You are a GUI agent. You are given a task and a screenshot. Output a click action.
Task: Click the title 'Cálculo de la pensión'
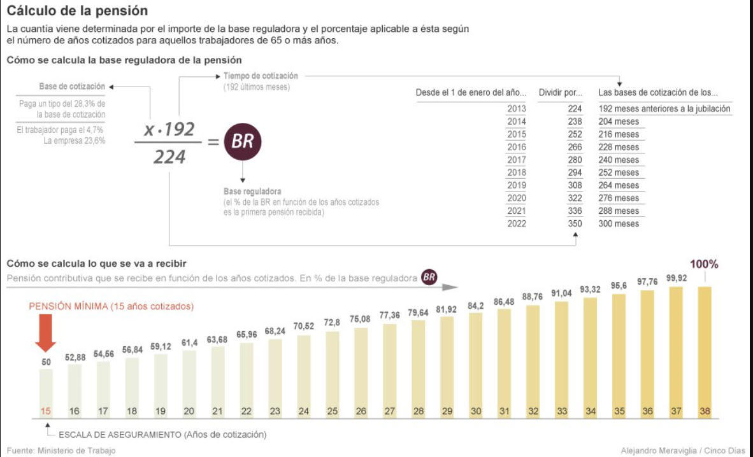pos(77,11)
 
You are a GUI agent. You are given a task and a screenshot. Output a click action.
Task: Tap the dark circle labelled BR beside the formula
pos(242,141)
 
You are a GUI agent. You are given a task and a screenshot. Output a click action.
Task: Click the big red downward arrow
pos(45,333)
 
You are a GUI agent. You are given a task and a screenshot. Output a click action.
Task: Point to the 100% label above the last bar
pos(704,264)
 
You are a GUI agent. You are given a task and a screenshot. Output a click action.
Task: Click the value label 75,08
pos(361,319)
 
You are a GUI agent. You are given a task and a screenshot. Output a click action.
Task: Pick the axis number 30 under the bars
pos(476,411)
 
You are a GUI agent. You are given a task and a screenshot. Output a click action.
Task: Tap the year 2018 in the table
pos(517,172)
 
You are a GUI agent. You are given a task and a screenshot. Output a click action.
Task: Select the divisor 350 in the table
pos(575,223)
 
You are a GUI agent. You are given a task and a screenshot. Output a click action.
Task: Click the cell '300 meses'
pos(618,223)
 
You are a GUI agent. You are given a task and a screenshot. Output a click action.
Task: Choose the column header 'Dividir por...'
pos(561,92)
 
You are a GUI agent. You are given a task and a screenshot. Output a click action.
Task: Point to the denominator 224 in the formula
pos(169,157)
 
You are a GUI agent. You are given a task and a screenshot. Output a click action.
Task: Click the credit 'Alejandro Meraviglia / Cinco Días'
pos(683,451)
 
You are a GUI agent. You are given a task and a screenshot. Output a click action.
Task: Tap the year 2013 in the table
pos(517,109)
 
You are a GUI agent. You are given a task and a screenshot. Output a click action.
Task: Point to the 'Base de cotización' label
pos(72,86)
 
